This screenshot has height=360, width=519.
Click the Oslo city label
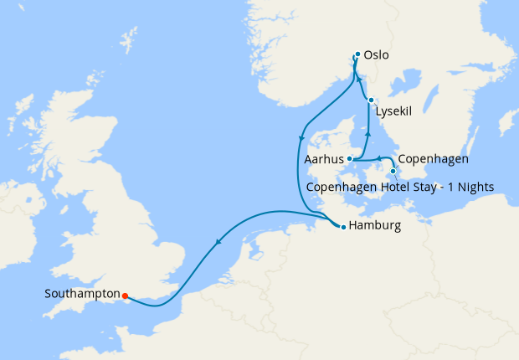(378, 56)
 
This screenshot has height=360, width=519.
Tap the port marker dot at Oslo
(357, 54)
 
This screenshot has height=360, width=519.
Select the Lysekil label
(395, 111)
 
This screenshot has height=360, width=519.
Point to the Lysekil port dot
(371, 101)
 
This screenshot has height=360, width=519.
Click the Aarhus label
(326, 159)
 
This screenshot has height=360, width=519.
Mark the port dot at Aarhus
(350, 159)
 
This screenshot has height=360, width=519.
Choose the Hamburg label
(375, 226)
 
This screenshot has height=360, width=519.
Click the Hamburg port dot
(343, 227)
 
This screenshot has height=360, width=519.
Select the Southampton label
(80, 295)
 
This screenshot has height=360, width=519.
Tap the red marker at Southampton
(125, 296)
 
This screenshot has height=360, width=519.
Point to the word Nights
(474, 186)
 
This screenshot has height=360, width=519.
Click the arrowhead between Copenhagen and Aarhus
(378, 157)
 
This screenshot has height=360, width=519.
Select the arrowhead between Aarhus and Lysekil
(368, 132)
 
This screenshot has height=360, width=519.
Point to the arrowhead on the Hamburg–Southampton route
(218, 243)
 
